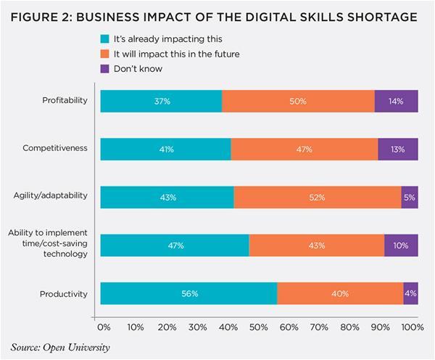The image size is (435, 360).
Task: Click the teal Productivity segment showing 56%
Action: pos(188,293)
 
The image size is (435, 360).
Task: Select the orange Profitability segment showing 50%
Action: pos(298,101)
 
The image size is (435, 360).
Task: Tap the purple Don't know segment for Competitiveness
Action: pos(398,149)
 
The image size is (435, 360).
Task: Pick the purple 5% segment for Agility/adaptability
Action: pos(410,197)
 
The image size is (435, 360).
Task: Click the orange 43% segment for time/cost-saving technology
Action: pos(316,245)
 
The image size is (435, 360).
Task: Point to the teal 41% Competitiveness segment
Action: pos(165,149)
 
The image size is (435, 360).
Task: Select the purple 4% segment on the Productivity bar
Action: pos(411,293)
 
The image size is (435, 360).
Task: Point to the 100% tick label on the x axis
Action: pos(412,328)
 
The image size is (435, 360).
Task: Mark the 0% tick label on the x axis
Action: pos(103,328)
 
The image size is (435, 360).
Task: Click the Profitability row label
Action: pos(65,100)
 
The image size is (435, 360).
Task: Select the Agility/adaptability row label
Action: pos(51,196)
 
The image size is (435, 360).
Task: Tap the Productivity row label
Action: pos(65,293)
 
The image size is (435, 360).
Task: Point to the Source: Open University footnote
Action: pos(61,347)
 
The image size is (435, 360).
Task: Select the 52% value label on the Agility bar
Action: pos(318,197)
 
